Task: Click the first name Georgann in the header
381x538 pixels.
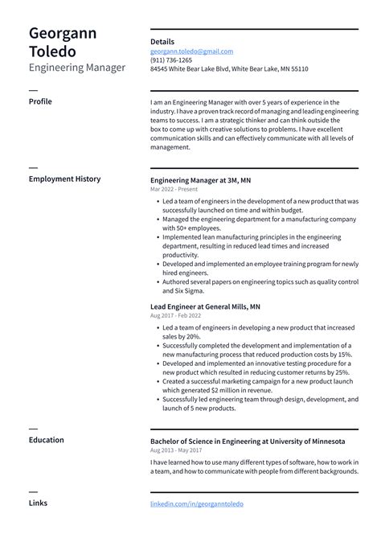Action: pyautogui.click(x=64, y=34)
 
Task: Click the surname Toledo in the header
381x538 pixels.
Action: pyautogui.click(x=53, y=52)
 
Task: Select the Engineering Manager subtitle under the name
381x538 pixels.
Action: pyautogui.click(x=77, y=68)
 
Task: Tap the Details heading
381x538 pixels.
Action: pyautogui.click(x=162, y=42)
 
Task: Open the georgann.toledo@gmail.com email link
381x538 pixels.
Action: pyautogui.click(x=191, y=51)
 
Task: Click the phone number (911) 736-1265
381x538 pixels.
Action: pyautogui.click(x=171, y=60)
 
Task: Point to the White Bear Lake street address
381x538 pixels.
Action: pyautogui.click(x=229, y=69)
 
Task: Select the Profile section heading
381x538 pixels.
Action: pyautogui.click(x=41, y=102)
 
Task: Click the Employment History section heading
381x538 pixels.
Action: pyautogui.click(x=64, y=179)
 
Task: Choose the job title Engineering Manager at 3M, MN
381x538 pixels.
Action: pyautogui.click(x=200, y=180)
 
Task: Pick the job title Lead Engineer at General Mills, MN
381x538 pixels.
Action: pyautogui.click(x=205, y=306)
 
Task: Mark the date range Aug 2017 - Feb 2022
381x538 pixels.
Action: pyautogui.click(x=175, y=315)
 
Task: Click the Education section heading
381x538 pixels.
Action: pyautogui.click(x=46, y=440)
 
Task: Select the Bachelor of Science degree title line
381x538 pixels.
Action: pyautogui.click(x=248, y=441)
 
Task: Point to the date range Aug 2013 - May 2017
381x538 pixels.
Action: pyautogui.click(x=176, y=451)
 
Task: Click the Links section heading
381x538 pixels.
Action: pyautogui.click(x=38, y=503)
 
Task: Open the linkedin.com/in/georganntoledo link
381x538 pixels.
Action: pyautogui.click(x=196, y=504)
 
